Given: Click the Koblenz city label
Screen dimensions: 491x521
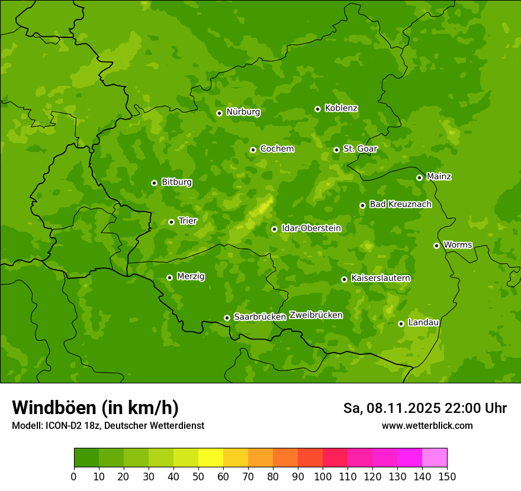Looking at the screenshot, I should point(341,108).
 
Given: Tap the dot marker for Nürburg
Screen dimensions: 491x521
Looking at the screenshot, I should point(219,113).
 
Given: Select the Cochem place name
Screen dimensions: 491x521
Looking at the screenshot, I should point(276,149).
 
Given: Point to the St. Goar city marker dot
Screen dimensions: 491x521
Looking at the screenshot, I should point(336,150).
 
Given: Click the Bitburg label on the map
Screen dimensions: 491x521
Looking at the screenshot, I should point(176,182).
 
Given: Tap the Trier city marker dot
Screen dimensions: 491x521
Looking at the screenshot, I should point(171,222).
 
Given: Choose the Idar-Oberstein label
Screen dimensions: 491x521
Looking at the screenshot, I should point(311,228).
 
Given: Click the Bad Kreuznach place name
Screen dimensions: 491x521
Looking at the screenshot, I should point(400,204).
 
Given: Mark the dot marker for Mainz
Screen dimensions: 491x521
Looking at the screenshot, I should point(419,177).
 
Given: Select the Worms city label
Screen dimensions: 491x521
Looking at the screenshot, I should point(458,245).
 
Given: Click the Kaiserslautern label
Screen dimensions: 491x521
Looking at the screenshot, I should point(381,278).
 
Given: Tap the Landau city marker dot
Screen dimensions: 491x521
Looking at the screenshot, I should point(401,324).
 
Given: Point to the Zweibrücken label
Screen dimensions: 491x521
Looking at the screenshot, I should point(316,315).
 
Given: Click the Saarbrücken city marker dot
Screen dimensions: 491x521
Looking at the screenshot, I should point(227,318).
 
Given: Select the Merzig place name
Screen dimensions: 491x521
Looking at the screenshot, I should point(191,276).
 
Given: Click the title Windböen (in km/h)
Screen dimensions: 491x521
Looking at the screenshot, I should point(95,408).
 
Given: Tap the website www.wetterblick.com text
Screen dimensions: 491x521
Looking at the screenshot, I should point(427,426).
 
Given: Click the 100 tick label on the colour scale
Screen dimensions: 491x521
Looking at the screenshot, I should point(323,476).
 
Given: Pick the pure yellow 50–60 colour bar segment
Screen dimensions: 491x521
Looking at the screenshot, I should point(211,458).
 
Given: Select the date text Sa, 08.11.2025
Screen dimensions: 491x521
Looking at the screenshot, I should point(391,408).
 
